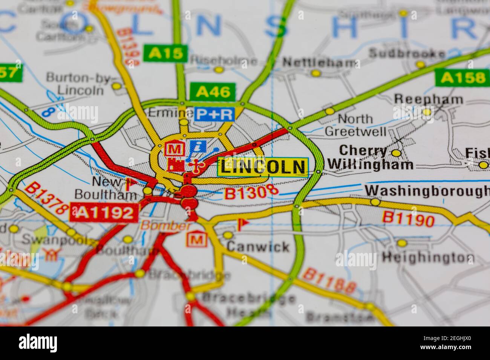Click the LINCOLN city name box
(263, 167)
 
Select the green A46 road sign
(213, 92)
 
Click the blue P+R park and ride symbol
(214, 114)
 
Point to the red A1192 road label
(103, 213)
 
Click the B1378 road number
(47, 199)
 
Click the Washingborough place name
(427, 191)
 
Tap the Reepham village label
(428, 99)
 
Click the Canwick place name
(258, 247)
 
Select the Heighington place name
(427, 258)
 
